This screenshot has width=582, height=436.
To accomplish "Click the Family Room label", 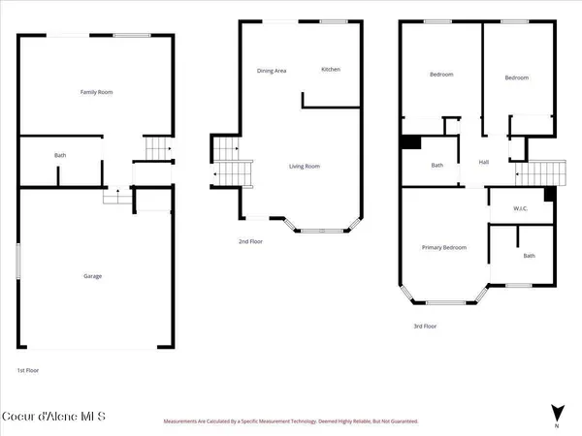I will point(96,92).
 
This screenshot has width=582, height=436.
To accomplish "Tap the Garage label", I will point(93,276).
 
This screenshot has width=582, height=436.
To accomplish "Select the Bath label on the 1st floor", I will point(60,155).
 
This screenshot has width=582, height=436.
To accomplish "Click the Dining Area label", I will point(271,70).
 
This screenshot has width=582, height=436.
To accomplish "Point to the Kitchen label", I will point(331,70).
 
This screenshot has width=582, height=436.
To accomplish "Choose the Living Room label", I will point(305,166).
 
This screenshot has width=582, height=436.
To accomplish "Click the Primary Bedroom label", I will point(443,248).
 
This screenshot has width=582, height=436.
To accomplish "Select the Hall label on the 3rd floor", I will point(483,162).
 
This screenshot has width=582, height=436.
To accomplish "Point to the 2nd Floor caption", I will point(250,241).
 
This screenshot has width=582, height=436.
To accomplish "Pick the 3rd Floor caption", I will point(424,327).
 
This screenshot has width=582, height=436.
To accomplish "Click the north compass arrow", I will point(556,412).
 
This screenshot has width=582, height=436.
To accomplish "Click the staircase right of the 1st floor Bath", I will point(156,148).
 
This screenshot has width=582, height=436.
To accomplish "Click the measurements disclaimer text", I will point(291,421).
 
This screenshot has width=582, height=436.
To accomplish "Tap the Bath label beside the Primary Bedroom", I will point(529,256).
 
